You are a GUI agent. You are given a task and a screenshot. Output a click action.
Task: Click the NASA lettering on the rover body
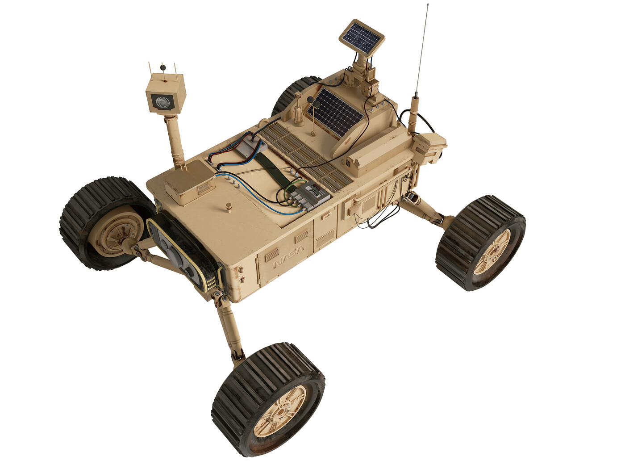[x=288, y=256]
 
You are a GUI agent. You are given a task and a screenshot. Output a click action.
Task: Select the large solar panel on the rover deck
[x=335, y=112]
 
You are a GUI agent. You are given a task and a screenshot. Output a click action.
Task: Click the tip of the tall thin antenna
[x=428, y=4]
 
